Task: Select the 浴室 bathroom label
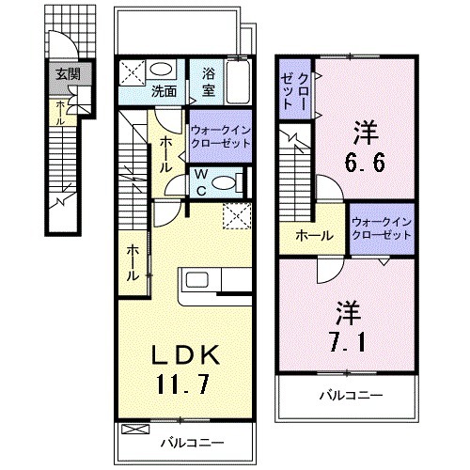[207, 80]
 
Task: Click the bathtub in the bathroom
[238, 80]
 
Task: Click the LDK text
[187, 354]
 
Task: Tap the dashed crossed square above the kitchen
[234, 215]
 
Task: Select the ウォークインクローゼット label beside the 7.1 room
[381, 228]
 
